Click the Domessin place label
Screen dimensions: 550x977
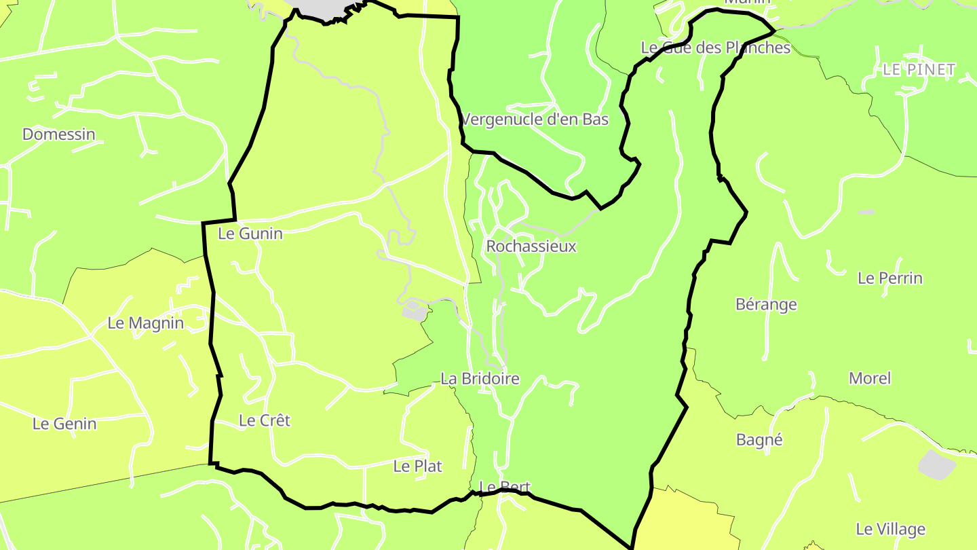tap(59, 134)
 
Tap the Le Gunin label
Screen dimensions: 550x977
tap(250, 234)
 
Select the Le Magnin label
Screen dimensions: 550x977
tap(146, 323)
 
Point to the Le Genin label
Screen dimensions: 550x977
tap(64, 424)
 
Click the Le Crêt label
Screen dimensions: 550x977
tap(265, 420)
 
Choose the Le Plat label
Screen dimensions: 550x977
tap(418, 466)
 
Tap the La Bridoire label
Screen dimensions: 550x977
tap(480, 378)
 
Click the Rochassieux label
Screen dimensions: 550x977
tap(531, 246)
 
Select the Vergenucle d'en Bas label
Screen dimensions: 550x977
tap(535, 120)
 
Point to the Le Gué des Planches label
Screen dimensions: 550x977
tap(716, 48)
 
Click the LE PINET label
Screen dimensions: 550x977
tap(919, 69)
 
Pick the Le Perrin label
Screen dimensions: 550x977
tap(890, 278)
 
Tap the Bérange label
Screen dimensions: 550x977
tap(766, 304)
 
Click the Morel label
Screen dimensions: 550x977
tap(870, 378)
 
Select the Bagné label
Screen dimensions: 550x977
tap(759, 439)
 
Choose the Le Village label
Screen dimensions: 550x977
tap(890, 529)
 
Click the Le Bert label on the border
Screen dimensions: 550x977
tap(504, 487)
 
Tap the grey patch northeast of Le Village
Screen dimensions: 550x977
tap(936, 465)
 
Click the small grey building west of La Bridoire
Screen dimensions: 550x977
tap(415, 312)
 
